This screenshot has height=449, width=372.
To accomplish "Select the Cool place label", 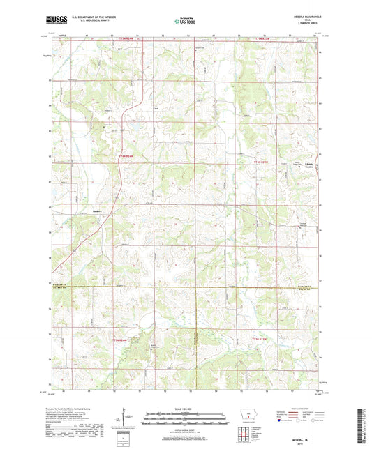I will point(156,109).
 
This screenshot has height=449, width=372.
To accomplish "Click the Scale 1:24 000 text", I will point(186,407).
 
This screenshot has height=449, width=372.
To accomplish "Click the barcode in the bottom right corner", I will point(362,425).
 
